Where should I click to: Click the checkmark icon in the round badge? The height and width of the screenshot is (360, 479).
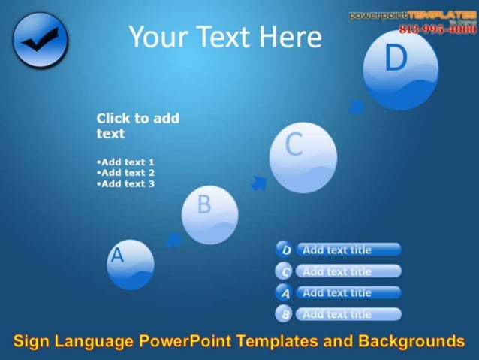[40, 41]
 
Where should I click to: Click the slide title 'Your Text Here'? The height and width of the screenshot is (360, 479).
[224, 37]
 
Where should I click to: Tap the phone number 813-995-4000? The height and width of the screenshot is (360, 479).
[437, 29]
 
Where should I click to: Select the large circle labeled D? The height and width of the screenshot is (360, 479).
[400, 69]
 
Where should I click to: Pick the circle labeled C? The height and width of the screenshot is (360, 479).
[303, 157]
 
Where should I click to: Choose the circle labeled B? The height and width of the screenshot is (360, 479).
[209, 215]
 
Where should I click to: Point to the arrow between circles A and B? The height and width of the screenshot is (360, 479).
[173, 240]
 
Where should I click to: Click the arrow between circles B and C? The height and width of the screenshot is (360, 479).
[259, 183]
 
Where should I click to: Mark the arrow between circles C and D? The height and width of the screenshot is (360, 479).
[357, 107]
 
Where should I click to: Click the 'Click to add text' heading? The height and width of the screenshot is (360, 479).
[137, 126]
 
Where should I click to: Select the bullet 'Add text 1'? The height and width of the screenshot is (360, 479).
[125, 162]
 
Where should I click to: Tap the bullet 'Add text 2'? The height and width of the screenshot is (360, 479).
[125, 173]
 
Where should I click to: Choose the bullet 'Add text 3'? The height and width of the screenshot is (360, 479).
[125, 184]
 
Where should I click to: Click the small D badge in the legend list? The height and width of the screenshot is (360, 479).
[285, 250]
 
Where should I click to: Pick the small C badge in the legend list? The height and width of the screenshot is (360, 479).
[285, 271]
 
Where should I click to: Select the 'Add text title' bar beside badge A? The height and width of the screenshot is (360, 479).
[348, 292]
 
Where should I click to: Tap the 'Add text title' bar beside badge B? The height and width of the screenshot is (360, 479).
[348, 314]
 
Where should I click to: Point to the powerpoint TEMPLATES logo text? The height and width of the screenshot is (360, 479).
[412, 15]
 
